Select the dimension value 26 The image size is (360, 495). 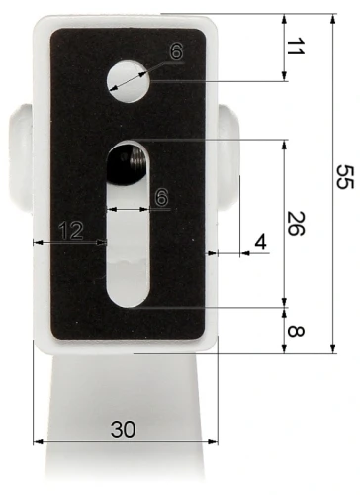[295, 224]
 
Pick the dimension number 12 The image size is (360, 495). [69, 230]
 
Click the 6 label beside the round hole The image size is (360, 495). [175, 52]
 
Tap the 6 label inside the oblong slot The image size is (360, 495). [161, 198]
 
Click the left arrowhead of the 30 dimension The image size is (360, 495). [38, 441]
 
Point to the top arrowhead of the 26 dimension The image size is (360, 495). [285, 145]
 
